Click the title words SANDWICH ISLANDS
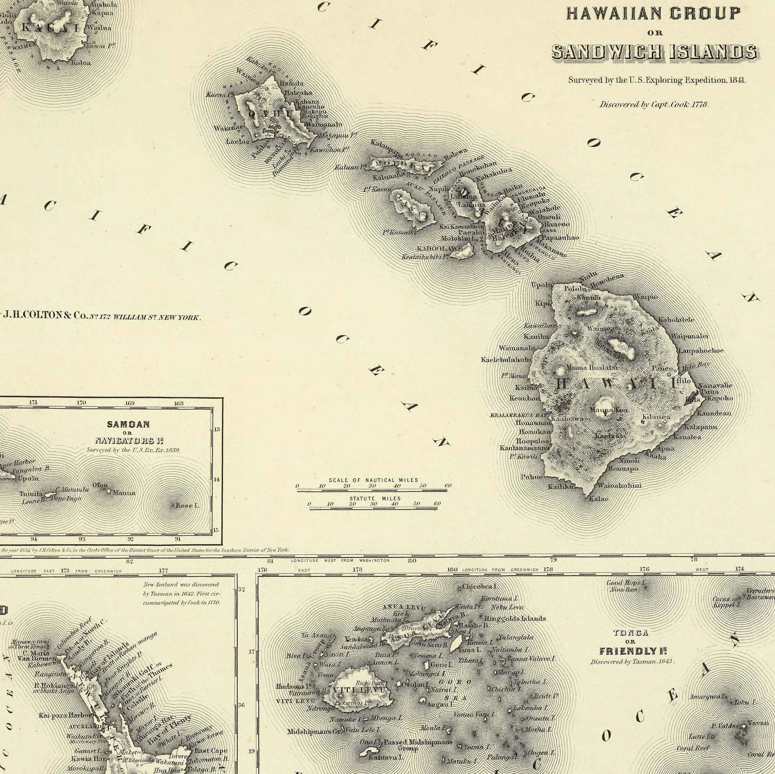tap(654, 52)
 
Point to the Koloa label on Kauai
tap(81, 63)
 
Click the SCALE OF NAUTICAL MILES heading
tap(373, 480)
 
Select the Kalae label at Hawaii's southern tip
tap(598, 499)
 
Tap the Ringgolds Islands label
tap(515, 618)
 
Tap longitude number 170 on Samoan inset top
tap(81, 402)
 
